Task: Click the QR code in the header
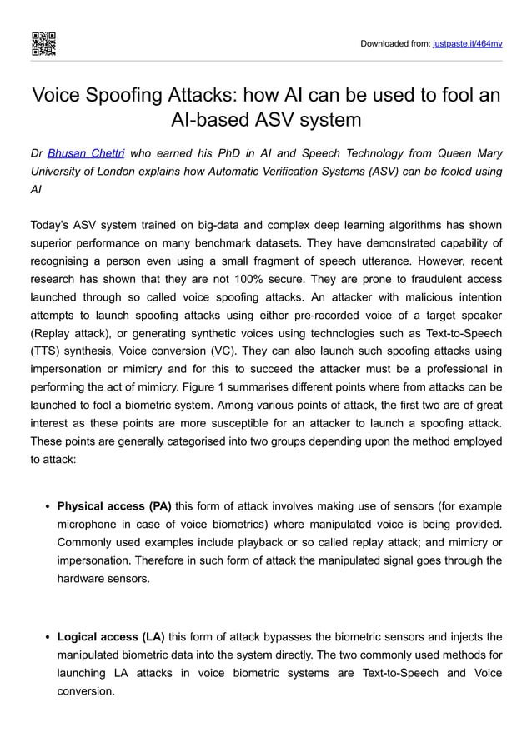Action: click(43, 43)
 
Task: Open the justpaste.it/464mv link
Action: click(468, 43)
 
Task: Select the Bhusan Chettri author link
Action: click(86, 153)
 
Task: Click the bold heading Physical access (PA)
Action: click(114, 505)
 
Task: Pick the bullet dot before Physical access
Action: click(48, 506)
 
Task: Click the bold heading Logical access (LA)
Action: click(111, 637)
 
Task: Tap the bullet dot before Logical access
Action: click(48, 638)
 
